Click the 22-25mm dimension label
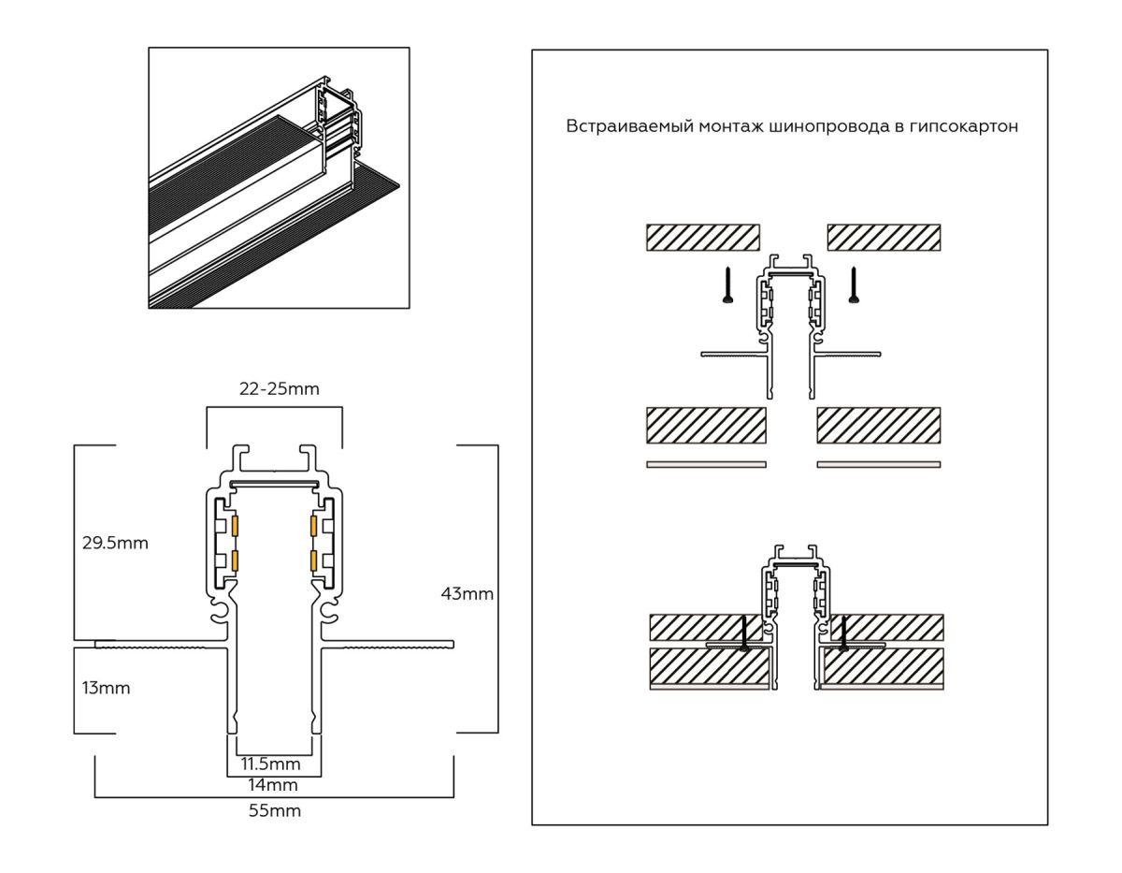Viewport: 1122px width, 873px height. pos(279,389)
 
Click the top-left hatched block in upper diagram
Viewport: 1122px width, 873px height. pos(702,237)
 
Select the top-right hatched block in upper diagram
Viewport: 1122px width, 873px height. pos(884,237)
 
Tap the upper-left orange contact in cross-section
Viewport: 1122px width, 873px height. pos(236,528)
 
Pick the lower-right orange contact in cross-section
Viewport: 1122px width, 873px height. pos(313,561)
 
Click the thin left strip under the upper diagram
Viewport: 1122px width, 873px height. pos(706,464)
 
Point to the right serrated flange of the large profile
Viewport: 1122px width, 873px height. pos(393,644)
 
